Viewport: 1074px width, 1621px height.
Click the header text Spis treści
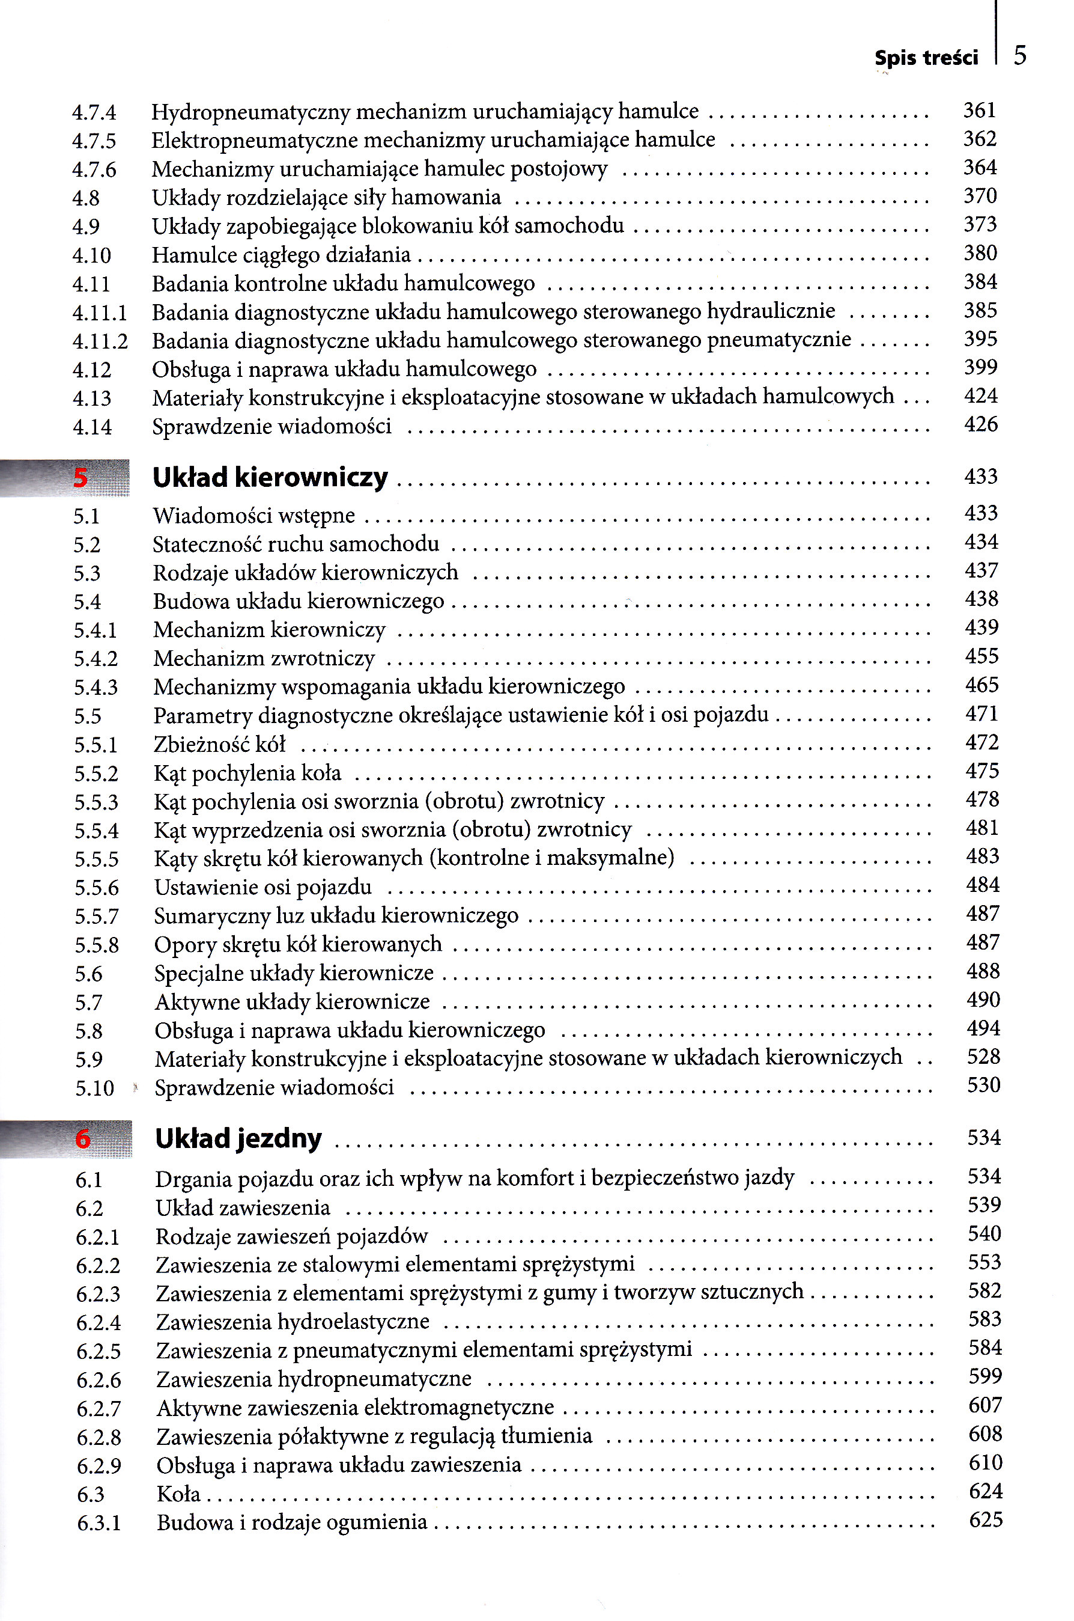(926, 58)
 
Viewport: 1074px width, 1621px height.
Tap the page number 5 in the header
(1020, 55)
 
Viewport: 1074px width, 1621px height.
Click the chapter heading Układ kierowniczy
(270, 477)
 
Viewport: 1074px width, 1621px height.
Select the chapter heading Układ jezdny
(238, 1138)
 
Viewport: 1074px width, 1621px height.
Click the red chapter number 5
(81, 478)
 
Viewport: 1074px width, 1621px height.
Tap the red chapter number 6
(83, 1139)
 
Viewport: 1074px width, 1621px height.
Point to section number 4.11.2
(100, 341)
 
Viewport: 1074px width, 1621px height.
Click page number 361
(980, 111)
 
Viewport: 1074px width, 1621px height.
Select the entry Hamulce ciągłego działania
(281, 255)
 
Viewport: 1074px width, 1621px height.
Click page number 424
(981, 396)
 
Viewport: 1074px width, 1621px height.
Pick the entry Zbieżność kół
(219, 744)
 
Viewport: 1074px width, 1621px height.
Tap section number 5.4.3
(96, 688)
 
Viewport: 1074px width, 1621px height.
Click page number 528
(983, 1057)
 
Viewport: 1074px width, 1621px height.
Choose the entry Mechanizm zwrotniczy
(264, 659)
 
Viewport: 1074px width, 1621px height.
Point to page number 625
(986, 1520)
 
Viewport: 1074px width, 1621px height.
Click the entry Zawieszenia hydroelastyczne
(293, 1322)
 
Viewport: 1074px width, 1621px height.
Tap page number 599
(985, 1376)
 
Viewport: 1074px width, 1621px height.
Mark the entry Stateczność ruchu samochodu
(296, 544)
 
